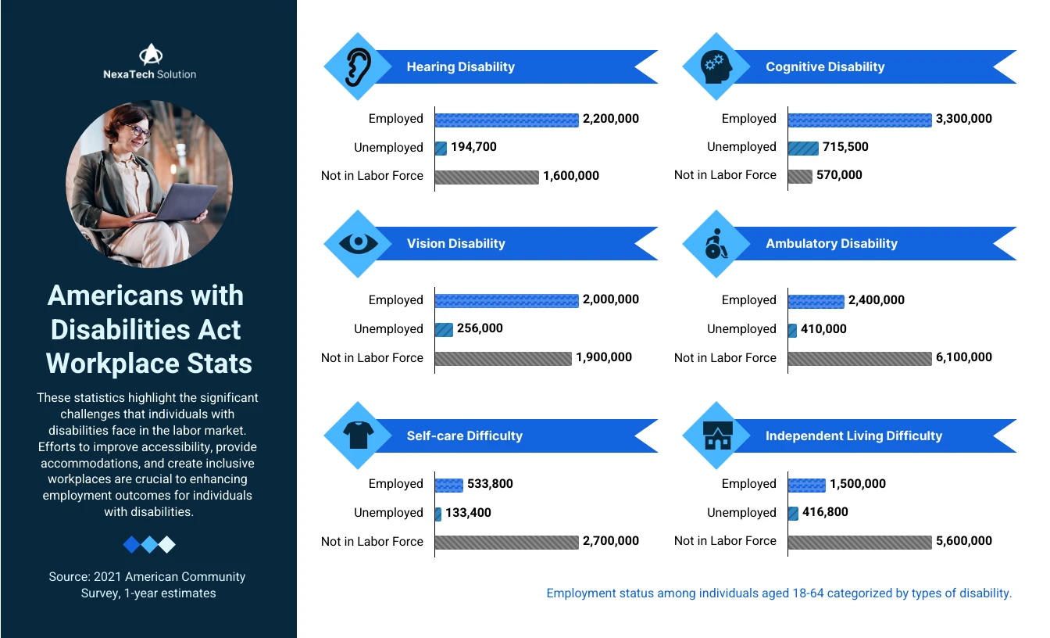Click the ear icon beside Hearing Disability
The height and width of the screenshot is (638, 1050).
click(x=358, y=66)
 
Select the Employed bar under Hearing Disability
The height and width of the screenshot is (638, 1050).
click(x=506, y=120)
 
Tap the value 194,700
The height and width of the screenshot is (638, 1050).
click(x=473, y=147)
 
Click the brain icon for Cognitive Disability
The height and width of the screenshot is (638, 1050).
click(x=716, y=66)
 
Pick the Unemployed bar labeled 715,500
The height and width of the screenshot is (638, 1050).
click(x=803, y=148)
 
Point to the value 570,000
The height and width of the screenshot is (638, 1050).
click(x=839, y=175)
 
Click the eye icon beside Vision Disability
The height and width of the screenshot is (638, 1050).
click(x=358, y=243)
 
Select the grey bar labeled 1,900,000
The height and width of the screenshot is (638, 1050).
click(x=502, y=358)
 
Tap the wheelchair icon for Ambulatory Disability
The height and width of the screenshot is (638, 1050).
click(x=716, y=244)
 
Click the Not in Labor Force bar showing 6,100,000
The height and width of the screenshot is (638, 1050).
click(x=859, y=358)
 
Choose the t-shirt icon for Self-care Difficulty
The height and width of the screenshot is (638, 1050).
click(x=358, y=435)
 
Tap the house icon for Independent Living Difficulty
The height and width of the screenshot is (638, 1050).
click(x=716, y=436)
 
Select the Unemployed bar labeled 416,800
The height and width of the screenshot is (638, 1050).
click(x=793, y=513)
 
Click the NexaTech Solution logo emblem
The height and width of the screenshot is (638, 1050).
click(x=149, y=54)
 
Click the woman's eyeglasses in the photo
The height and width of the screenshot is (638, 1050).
click(x=138, y=131)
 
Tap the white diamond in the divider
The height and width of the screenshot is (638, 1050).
click(x=166, y=544)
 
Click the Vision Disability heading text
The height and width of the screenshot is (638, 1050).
click(x=455, y=244)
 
